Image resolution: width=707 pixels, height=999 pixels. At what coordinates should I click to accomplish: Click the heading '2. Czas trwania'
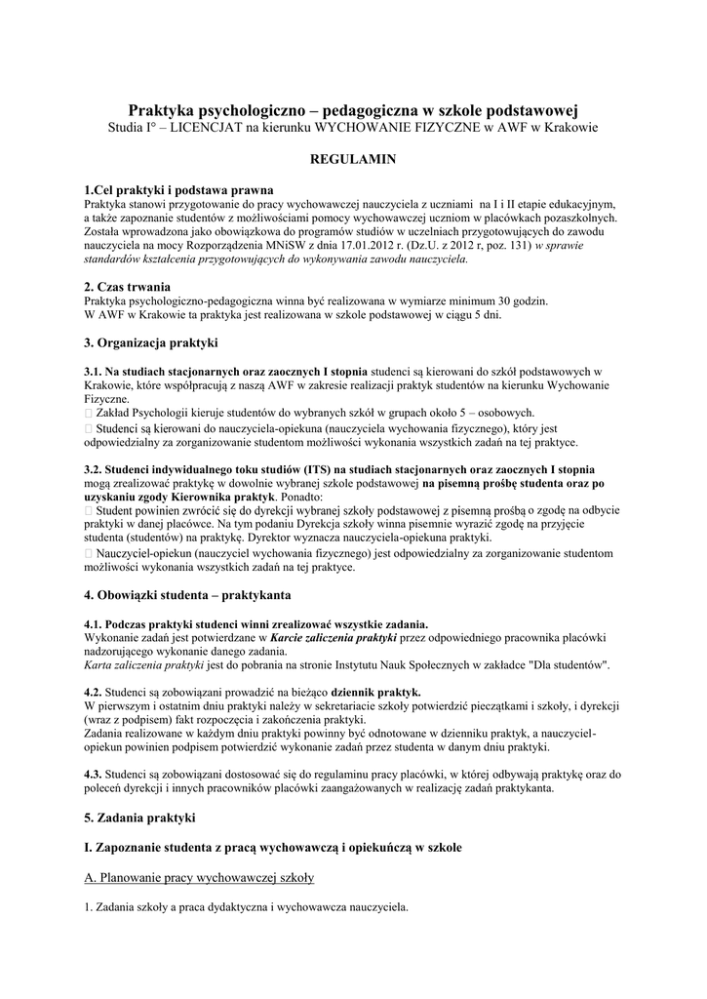(128, 287)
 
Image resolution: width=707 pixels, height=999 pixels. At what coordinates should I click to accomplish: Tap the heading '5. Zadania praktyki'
(140, 816)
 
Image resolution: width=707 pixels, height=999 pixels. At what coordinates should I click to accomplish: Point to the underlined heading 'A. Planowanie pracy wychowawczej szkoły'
(199, 878)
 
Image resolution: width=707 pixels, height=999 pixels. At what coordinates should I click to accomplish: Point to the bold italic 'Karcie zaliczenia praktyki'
(333, 637)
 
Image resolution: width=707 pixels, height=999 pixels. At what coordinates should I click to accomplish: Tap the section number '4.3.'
(95, 774)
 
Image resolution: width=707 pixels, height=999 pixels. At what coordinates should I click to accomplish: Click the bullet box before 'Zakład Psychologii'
(89, 413)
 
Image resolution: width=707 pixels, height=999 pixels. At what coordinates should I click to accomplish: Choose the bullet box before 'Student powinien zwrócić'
(89, 510)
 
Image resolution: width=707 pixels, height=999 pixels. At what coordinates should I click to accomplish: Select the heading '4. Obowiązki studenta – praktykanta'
(187, 594)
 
